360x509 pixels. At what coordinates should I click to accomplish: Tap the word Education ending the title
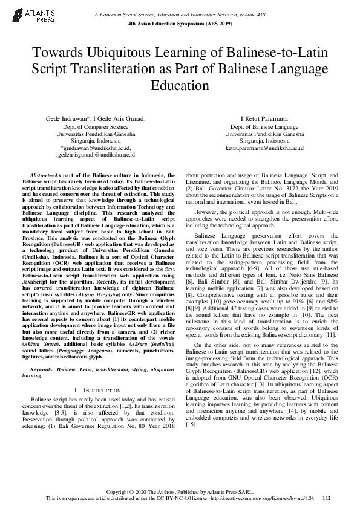[180, 85]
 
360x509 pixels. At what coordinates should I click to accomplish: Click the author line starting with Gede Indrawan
[96, 118]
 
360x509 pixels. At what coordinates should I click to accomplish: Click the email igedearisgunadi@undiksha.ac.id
[96, 154]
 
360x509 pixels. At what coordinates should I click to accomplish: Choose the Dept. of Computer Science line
[96, 127]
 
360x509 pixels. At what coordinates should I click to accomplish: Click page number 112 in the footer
[327, 498]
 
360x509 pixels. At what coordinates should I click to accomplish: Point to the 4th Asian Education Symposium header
[180, 23]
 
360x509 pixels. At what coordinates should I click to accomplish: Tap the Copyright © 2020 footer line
[180, 491]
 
